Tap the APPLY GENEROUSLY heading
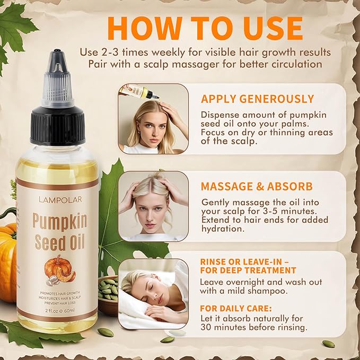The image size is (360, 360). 257,99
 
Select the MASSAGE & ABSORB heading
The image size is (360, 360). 256,187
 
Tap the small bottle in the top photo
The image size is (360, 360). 139,91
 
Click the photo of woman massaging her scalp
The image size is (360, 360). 153,206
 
